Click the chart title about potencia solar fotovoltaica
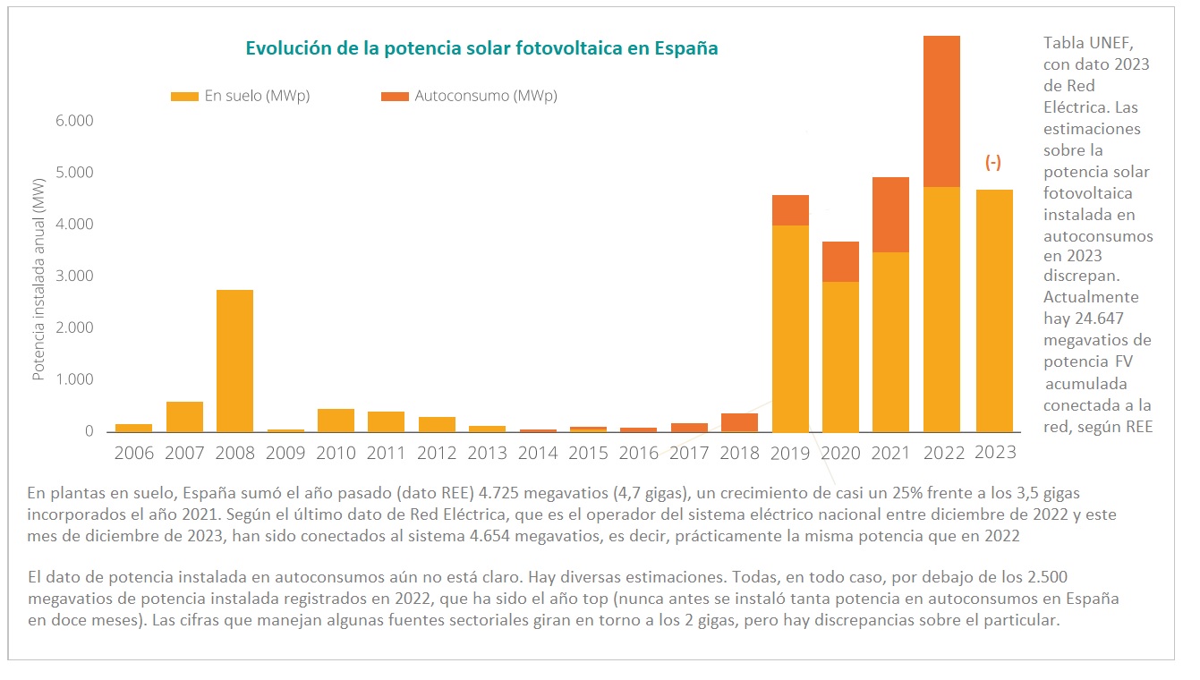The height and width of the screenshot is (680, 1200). pyautogui.click(x=481, y=48)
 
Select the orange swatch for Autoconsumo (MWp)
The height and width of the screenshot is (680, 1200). pyautogui.click(x=395, y=96)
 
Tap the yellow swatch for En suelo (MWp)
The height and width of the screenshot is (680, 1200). pyautogui.click(x=184, y=96)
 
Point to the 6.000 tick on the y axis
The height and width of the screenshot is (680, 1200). pyautogui.click(x=75, y=121)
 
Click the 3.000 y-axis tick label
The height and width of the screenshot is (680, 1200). pyautogui.click(x=75, y=276)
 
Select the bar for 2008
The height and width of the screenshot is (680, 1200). pyautogui.click(x=234, y=361)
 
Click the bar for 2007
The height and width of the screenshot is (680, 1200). pyautogui.click(x=184, y=416)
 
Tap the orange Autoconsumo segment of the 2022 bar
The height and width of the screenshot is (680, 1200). pyautogui.click(x=941, y=111)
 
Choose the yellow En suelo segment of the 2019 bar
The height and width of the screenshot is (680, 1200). pyautogui.click(x=790, y=328)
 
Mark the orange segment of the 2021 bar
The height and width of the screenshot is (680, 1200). pyautogui.click(x=891, y=215)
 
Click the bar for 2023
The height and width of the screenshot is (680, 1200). pyautogui.click(x=993, y=310)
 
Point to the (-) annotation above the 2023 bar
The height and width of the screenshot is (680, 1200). pyautogui.click(x=993, y=162)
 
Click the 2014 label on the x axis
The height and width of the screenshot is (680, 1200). pyautogui.click(x=538, y=453)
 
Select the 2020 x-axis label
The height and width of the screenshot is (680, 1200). pyautogui.click(x=841, y=453)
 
